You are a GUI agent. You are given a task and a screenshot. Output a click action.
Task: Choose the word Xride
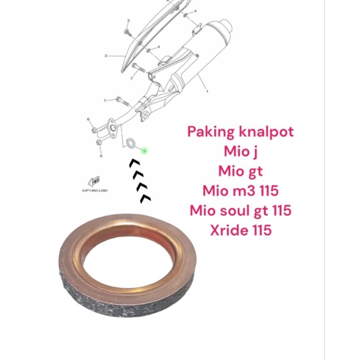[228, 230]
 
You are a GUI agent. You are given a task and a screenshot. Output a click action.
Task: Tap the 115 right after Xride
[261, 230]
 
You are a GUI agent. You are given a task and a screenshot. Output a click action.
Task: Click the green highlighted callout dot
[144, 151]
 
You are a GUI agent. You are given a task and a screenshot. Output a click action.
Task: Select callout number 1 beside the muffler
[207, 91]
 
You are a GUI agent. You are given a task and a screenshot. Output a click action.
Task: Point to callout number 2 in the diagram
[106, 56]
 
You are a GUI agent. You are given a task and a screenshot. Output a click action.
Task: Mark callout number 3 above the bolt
[128, 21]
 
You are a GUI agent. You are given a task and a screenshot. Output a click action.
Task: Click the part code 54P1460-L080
[94, 190]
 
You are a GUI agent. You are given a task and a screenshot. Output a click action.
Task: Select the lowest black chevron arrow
[145, 198]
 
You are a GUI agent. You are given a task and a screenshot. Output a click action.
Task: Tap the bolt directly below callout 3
[127, 32]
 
